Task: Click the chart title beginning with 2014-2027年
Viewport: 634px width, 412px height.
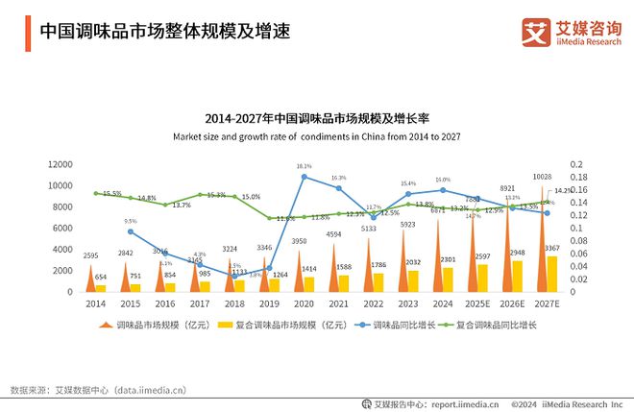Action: click(x=317, y=118)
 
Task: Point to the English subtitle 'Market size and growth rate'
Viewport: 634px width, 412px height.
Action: click(x=317, y=137)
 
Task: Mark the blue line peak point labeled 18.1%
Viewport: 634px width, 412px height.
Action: click(x=305, y=177)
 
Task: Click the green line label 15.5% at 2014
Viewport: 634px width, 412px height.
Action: click(x=110, y=194)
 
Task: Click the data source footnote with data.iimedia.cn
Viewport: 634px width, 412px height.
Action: click(x=97, y=390)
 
